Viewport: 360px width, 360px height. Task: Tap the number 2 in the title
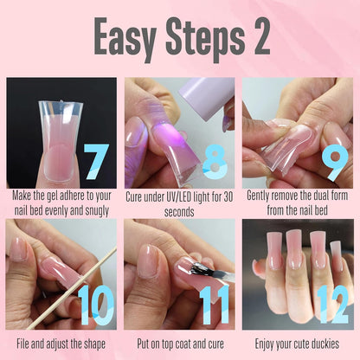(x=256, y=37)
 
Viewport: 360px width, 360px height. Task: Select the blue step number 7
(x=95, y=161)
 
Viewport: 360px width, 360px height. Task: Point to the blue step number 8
(x=214, y=161)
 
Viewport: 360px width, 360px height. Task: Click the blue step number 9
(x=332, y=161)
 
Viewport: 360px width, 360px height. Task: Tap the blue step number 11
(x=214, y=305)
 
